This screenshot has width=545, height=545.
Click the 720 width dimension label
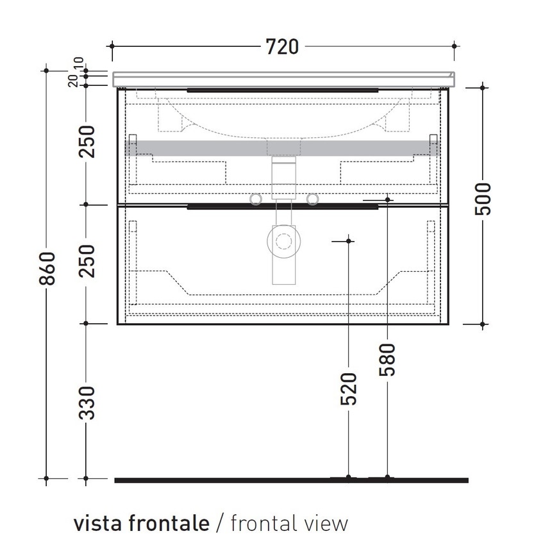[x=282, y=46]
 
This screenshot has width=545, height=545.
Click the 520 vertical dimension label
[x=348, y=388]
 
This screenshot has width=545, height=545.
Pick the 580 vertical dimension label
[x=387, y=359]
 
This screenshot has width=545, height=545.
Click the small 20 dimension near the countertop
[x=74, y=80]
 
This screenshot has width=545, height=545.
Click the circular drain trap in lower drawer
[x=283, y=242]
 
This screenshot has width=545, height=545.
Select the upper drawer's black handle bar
[x=282, y=90]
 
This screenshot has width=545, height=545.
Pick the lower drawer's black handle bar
[x=282, y=206]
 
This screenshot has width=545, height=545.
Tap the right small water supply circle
[x=312, y=199]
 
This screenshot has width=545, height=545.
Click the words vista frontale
[x=141, y=523]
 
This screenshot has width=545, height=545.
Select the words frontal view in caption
[x=289, y=523]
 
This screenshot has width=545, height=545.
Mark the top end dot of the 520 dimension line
[x=348, y=240]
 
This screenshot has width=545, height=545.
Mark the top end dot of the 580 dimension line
[x=387, y=200]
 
